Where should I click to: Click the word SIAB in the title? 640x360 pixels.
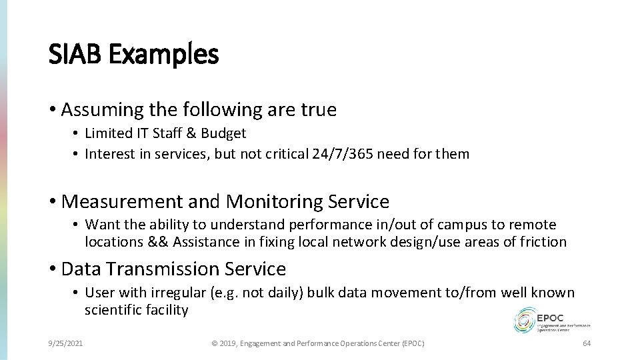pyautogui.click(x=74, y=55)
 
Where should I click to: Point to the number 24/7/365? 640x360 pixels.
pyautogui.click(x=341, y=154)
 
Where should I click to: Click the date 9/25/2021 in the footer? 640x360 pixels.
pyautogui.click(x=65, y=343)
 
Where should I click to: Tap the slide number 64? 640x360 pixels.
pyautogui.click(x=587, y=343)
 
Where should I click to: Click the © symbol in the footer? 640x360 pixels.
pyautogui.click(x=214, y=343)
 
